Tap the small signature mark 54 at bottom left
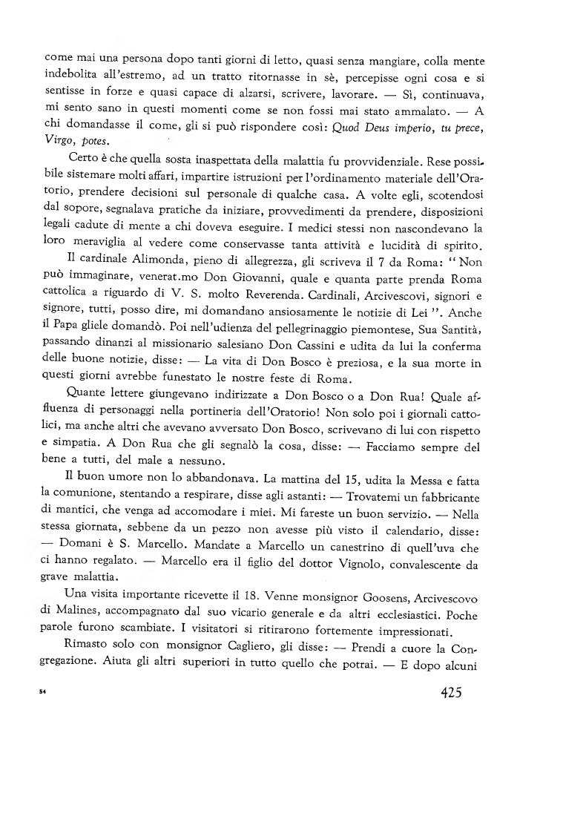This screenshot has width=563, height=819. (x=42, y=693)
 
